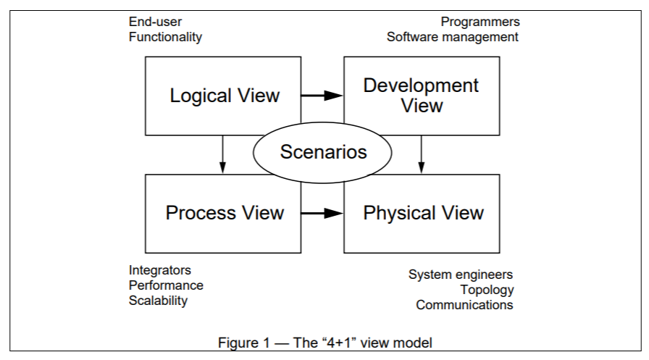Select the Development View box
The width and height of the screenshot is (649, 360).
(421, 95)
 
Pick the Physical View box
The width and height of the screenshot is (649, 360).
(422, 213)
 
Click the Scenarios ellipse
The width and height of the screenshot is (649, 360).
(322, 153)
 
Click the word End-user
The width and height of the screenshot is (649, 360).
(155, 22)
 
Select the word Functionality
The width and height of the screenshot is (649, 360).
(165, 37)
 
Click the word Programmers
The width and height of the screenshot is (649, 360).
(481, 22)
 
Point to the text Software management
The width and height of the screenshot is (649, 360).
(452, 37)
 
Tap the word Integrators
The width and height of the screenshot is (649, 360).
(160, 270)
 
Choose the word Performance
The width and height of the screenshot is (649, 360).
(166, 285)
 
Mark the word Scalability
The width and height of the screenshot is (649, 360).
(158, 300)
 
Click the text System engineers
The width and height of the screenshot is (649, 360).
(461, 275)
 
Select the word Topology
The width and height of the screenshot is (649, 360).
(487, 290)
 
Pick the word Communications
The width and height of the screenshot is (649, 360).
(464, 305)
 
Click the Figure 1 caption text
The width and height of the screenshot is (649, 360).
(325, 342)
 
